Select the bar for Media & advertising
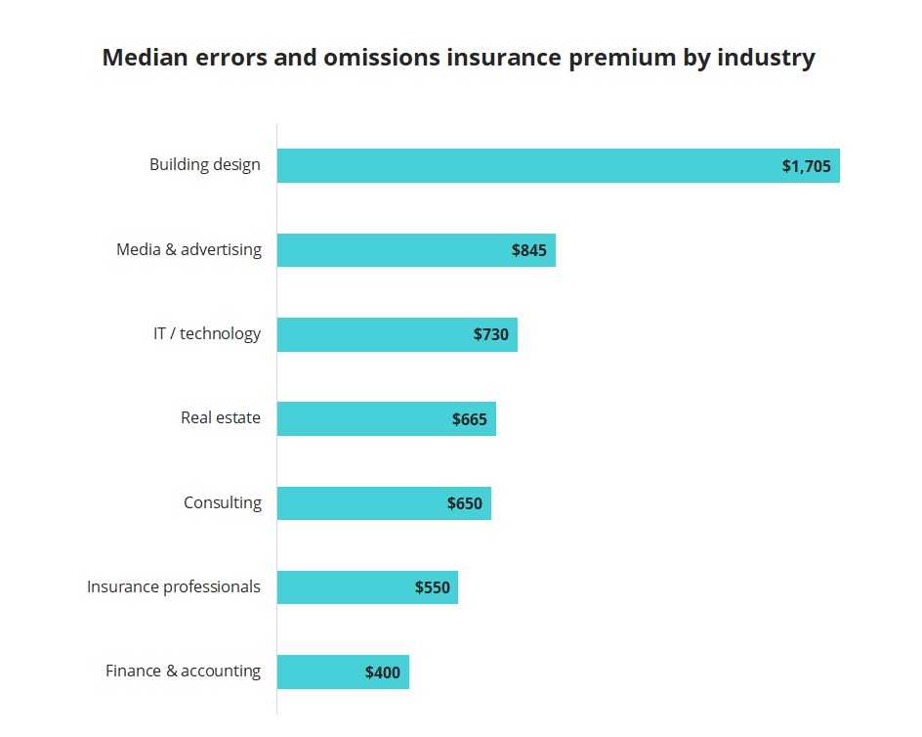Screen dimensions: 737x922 point(391,250)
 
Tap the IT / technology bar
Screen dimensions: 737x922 point(371,334)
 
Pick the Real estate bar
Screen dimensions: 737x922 point(361,418)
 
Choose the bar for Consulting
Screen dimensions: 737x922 point(356,503)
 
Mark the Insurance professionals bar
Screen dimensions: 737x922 point(342,587)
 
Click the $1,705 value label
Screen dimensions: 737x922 point(806,166)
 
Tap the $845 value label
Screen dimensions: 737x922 point(529,250)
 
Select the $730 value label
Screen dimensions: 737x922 point(491,334)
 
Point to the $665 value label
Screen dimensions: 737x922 point(470,419)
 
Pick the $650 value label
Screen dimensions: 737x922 point(465,503)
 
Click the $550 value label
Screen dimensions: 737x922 point(433,587)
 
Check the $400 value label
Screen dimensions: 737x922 point(383,672)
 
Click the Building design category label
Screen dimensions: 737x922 point(205,164)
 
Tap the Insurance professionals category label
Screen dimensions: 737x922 point(174,586)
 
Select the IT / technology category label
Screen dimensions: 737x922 point(207,333)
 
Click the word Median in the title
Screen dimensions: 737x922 point(145,58)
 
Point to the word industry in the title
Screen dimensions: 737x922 point(766,58)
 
